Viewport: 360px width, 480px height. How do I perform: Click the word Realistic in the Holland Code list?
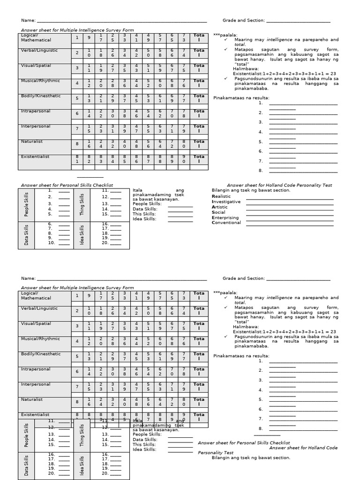pyautogui.click(x=221, y=196)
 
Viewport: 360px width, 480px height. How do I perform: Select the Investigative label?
pyautogui.click(x=226, y=202)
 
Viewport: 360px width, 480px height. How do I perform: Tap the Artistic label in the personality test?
pyautogui.click(x=219, y=207)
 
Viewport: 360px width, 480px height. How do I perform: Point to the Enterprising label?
pyautogui.click(x=225, y=217)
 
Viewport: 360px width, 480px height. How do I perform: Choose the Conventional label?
pyautogui.click(x=226, y=223)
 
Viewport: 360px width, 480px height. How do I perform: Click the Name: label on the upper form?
pyautogui.click(x=28, y=21)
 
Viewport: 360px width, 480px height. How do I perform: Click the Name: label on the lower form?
pyautogui.click(x=28, y=278)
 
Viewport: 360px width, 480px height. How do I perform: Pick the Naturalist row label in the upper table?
pyautogui.click(x=31, y=141)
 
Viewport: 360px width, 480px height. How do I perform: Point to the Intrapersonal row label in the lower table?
pyautogui.click(x=36, y=369)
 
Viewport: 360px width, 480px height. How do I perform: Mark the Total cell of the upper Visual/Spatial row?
pyautogui.click(x=199, y=68)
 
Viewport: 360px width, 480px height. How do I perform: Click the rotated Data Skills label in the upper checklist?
pyautogui.click(x=26, y=235)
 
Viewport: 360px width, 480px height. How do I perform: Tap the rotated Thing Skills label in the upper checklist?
pyautogui.click(x=82, y=204)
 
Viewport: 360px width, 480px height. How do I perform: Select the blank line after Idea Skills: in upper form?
pyautogui.click(x=180, y=219)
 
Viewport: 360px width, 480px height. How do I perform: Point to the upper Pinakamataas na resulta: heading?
pyautogui.click(x=241, y=97)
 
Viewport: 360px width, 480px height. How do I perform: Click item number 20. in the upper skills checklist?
pyautogui.click(x=105, y=242)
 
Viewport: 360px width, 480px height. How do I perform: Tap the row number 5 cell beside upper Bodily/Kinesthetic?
pyautogui.click(x=77, y=98)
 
